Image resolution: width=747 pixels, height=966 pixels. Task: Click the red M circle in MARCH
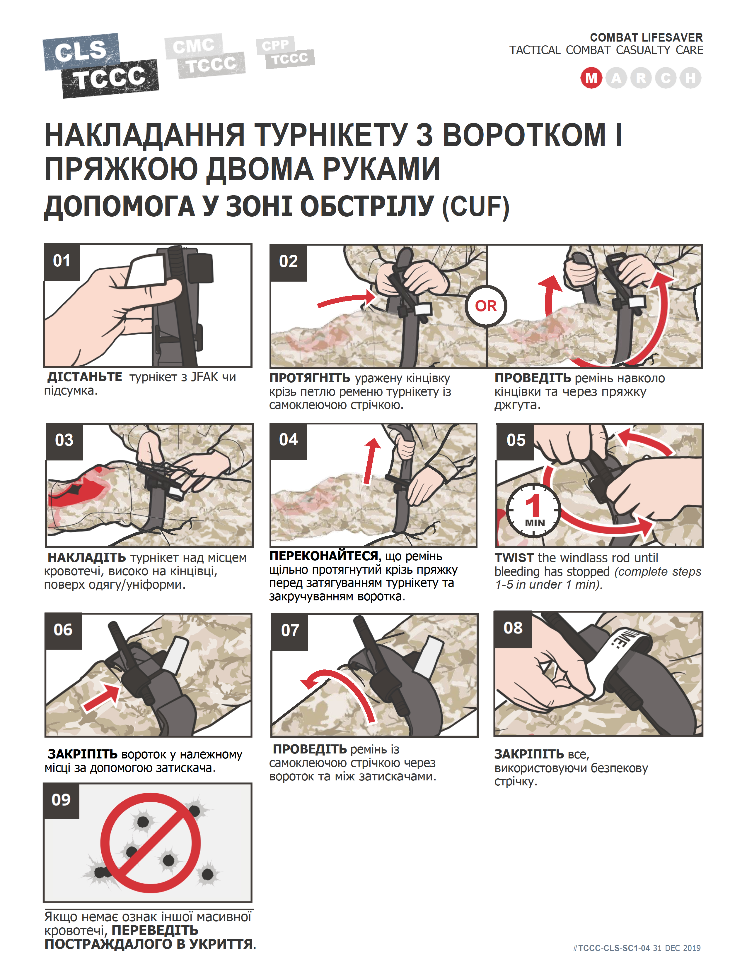(591, 78)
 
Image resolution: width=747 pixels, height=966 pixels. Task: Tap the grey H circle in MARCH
(690, 78)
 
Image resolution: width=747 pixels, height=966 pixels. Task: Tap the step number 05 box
(515, 441)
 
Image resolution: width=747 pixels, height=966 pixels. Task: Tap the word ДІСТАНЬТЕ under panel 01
(85, 377)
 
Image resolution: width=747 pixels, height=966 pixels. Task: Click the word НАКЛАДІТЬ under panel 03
(87, 557)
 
